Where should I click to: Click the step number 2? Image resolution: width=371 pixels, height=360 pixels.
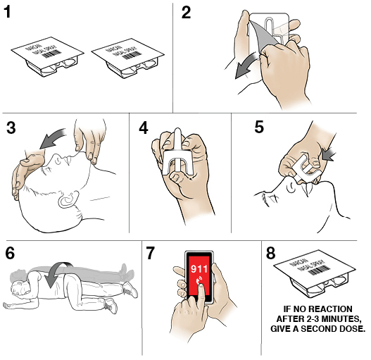(186, 12)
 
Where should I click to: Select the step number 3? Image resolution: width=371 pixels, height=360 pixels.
(11, 128)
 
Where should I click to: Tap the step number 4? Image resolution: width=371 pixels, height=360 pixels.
(144, 128)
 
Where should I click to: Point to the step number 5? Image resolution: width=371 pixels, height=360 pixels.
(259, 128)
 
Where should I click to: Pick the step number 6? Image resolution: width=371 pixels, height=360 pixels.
(10, 253)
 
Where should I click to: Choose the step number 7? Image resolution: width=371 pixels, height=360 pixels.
(151, 253)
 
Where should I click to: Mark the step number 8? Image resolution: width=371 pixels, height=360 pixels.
(270, 253)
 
